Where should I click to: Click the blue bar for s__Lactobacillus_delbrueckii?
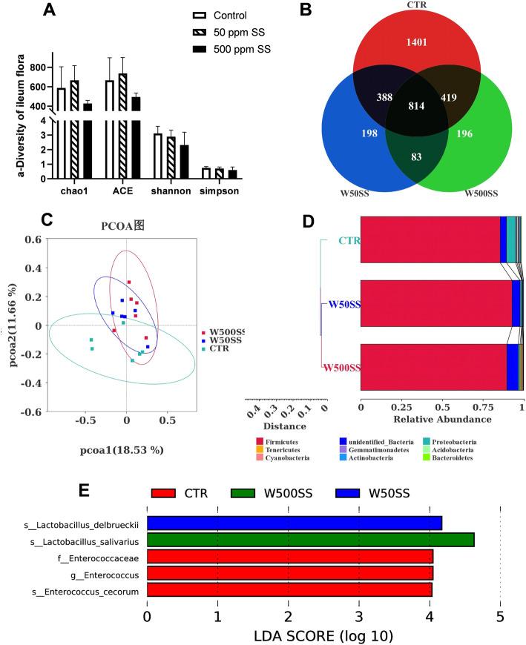tap(295, 523)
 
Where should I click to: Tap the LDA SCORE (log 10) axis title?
tap(323, 636)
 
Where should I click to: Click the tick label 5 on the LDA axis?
tap(500, 616)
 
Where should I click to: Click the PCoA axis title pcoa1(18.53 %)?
tap(122, 450)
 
